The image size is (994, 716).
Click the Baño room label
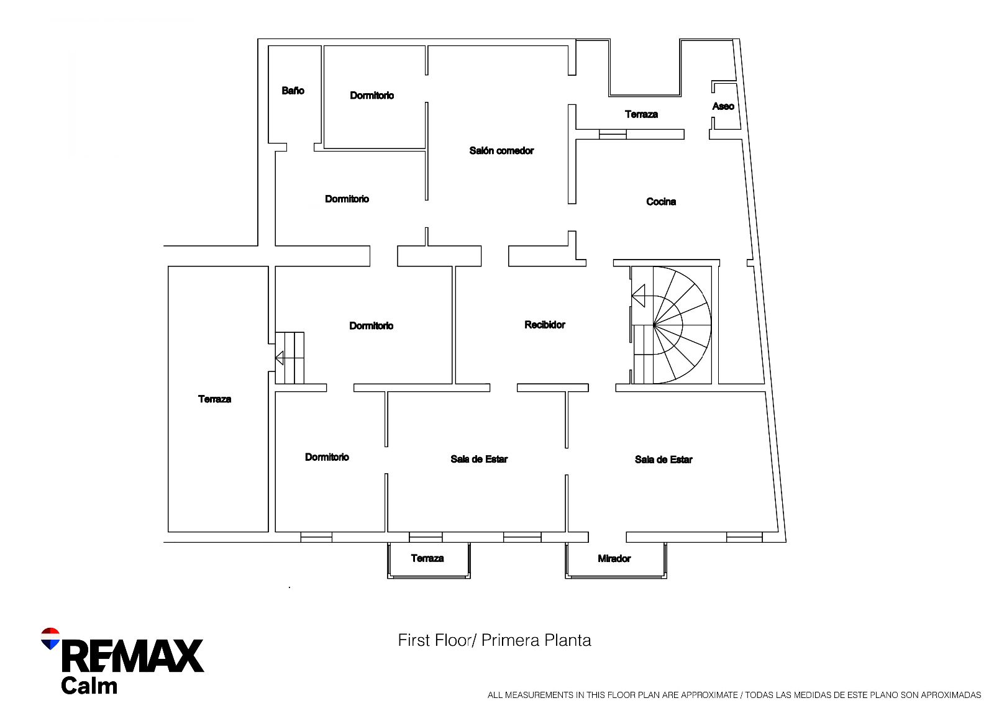pyautogui.click(x=293, y=91)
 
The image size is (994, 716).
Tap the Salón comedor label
pyautogui.click(x=501, y=150)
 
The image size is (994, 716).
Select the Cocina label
pyautogui.click(x=660, y=201)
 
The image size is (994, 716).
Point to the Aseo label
pyautogui.click(x=723, y=106)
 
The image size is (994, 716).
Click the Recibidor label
pyautogui.click(x=544, y=324)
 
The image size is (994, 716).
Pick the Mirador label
pyautogui.click(x=614, y=558)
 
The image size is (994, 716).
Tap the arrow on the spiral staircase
pyautogui.click(x=639, y=296)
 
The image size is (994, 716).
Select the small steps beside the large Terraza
pyautogui.click(x=290, y=358)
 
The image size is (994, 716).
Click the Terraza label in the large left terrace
pyautogui.click(x=214, y=399)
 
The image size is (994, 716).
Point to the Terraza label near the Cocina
pyautogui.click(x=641, y=114)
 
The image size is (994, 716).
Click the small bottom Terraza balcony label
pyautogui.click(x=427, y=558)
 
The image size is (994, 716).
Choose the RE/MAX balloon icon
pyautogui.click(x=50, y=638)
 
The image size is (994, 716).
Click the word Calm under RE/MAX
pyautogui.click(x=89, y=686)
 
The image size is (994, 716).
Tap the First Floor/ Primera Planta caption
pyautogui.click(x=494, y=640)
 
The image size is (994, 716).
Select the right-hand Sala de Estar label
pyautogui.click(x=663, y=460)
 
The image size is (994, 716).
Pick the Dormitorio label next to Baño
pyautogui.click(x=372, y=95)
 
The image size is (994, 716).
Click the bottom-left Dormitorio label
pyautogui.click(x=327, y=457)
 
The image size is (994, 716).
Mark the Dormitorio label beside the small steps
pyautogui.click(x=371, y=325)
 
